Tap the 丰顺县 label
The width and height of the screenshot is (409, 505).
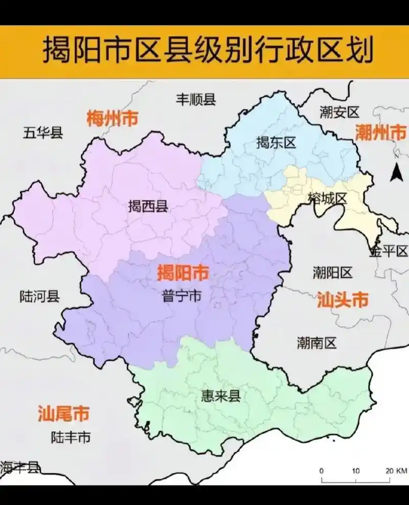coord(196,99)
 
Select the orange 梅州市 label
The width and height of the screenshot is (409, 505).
coord(112,119)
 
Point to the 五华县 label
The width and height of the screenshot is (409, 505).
coord(43,134)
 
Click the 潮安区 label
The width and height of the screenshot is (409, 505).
coord(340,112)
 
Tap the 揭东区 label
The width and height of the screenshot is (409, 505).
coord(276,143)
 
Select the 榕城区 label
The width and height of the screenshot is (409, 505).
coord(328,198)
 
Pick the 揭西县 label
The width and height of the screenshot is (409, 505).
coord(148,207)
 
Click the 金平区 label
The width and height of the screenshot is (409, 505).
coord(389,251)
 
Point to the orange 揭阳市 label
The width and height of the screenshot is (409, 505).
coord(183,273)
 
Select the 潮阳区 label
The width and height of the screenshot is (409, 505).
coord(333,272)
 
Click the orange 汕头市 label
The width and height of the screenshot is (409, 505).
coord(343,300)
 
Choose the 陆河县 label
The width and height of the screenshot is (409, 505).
coord(40,296)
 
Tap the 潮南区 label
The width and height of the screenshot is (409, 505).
coord(317,342)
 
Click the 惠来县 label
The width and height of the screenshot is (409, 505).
coord(221,396)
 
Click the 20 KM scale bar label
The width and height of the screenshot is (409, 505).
coord(396,471)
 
